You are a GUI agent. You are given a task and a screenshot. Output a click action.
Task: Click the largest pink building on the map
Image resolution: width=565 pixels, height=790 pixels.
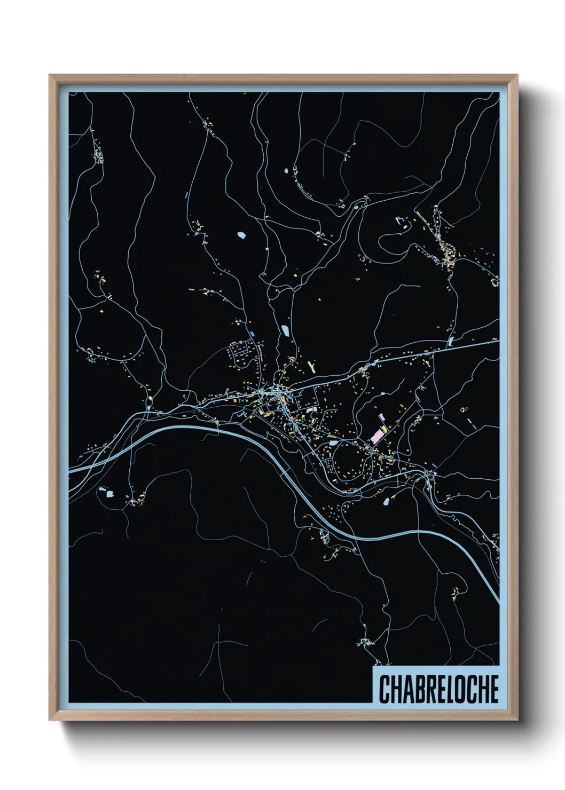[377, 436]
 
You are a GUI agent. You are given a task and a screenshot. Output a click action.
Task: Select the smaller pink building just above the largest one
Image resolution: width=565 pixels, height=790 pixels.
[381, 417]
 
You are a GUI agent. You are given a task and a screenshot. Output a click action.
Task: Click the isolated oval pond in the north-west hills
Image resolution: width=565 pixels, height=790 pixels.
[241, 234]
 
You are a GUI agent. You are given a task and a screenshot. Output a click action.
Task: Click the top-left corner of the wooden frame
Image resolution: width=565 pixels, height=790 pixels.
[50, 75]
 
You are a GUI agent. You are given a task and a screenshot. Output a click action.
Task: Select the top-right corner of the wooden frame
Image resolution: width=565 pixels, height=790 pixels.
[517, 75]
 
